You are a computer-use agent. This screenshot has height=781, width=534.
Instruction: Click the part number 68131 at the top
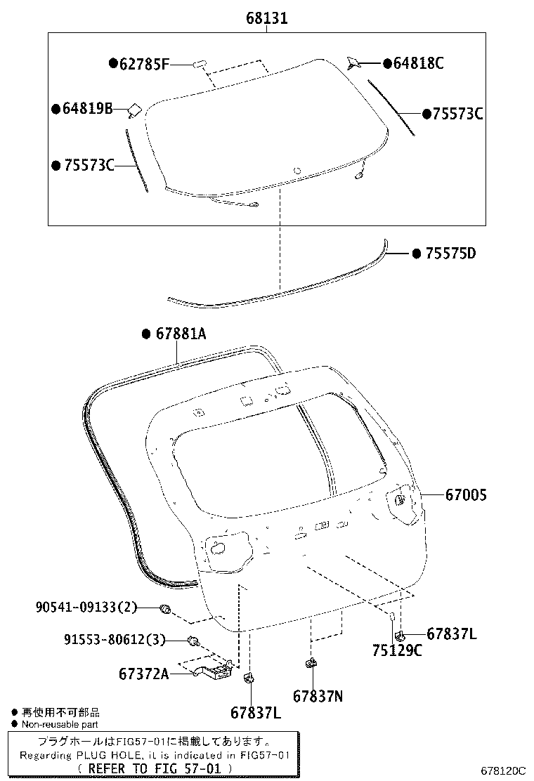pyautogui.click(x=266, y=19)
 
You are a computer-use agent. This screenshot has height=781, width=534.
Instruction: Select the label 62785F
pyautogui.click(x=144, y=65)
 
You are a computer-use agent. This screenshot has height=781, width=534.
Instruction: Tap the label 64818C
pyautogui.click(x=418, y=64)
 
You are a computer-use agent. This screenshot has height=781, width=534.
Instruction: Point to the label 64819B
pyautogui.click(x=87, y=109)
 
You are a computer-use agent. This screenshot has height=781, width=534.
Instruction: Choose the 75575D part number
pyautogui.click(x=450, y=253)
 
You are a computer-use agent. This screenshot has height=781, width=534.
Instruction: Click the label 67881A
pyautogui.click(x=180, y=334)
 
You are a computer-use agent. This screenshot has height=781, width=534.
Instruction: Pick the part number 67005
pyautogui.click(x=466, y=495)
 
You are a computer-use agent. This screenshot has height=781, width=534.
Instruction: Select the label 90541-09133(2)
pyautogui.click(x=86, y=608)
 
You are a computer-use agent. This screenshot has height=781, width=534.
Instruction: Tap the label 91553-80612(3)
pyautogui.click(x=115, y=639)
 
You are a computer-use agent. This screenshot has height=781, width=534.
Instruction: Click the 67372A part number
pyautogui.click(x=144, y=674)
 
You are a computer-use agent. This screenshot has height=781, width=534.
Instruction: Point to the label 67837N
pyautogui.click(x=318, y=696)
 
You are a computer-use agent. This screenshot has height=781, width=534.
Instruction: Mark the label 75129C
pyautogui.click(x=397, y=650)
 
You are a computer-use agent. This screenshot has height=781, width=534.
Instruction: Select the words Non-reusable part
pyautogui.click(x=60, y=724)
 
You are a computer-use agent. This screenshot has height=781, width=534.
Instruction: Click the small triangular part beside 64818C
pyautogui.click(x=354, y=63)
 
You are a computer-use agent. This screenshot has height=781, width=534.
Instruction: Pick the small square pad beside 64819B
pyautogui.click(x=133, y=110)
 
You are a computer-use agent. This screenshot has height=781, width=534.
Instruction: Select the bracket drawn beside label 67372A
pyautogui.click(x=211, y=671)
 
